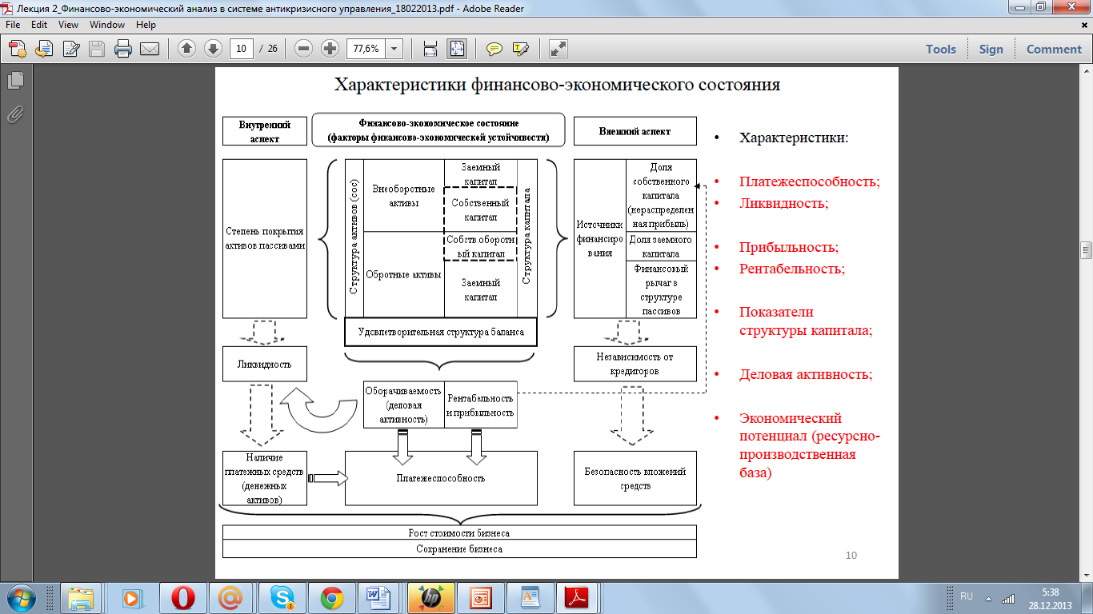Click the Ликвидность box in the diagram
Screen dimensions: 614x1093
(x=264, y=365)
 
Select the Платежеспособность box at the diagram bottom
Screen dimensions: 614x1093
(x=440, y=478)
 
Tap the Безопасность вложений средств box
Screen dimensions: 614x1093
(x=635, y=478)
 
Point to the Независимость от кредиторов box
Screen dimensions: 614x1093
(x=635, y=363)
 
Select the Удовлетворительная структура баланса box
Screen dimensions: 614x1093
(x=440, y=332)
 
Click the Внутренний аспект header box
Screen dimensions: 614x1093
(x=264, y=131)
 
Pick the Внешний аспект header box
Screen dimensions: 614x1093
(x=635, y=131)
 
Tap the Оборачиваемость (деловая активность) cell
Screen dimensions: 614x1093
(x=404, y=405)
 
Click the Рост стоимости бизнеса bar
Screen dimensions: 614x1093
(x=459, y=532)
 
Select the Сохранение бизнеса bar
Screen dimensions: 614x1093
(x=459, y=549)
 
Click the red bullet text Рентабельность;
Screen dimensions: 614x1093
(x=792, y=269)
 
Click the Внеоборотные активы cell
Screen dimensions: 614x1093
(x=403, y=196)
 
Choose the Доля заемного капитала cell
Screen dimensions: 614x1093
(x=661, y=246)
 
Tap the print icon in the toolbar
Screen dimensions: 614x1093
(x=123, y=49)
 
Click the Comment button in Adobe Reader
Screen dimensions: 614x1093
(x=1054, y=49)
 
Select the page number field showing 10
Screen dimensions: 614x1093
(x=241, y=49)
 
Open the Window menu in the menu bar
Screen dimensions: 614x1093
(x=107, y=25)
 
